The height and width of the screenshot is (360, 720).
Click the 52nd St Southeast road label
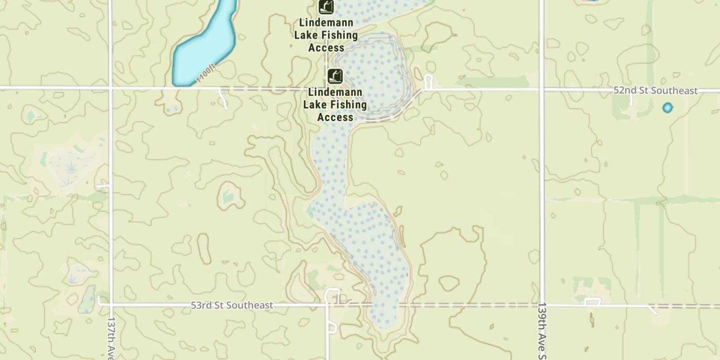[655, 91]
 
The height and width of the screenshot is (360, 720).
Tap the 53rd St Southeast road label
[232, 305]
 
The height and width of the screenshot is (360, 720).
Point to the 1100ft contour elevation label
[207, 74]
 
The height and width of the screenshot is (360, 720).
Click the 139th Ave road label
[542, 331]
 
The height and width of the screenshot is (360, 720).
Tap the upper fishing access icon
[326, 6]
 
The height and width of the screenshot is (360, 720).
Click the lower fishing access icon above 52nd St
[335, 76]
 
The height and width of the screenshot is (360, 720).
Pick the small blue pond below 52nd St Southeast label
[667, 108]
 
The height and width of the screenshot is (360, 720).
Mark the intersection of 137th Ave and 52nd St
[110, 88]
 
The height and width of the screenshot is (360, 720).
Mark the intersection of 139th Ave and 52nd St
[542, 89]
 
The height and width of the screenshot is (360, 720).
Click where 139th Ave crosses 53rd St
[542, 305]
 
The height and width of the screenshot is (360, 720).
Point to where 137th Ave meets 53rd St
[110, 304]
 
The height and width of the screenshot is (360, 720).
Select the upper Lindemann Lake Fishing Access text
[326, 35]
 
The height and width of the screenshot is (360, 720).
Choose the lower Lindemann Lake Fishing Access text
[335, 105]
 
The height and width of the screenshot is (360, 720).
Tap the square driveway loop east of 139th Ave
[592, 301]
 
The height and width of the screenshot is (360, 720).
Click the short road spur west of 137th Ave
[102, 186]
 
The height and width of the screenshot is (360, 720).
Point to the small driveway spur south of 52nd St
[223, 98]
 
